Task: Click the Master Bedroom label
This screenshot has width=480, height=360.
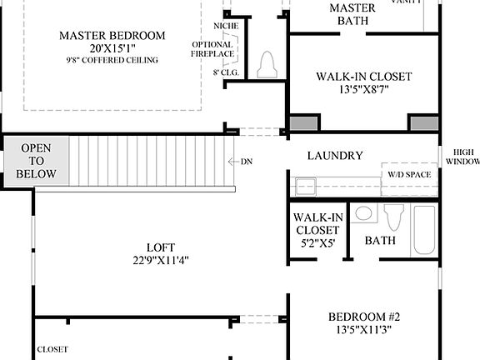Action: [x=112, y=36]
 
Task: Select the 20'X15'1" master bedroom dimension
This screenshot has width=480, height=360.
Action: [x=112, y=48]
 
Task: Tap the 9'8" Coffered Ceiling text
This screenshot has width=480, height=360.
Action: [x=112, y=61]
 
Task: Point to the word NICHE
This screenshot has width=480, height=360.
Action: [x=225, y=26]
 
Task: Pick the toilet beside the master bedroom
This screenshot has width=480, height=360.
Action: [x=267, y=66]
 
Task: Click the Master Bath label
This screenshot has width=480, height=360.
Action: [x=352, y=13]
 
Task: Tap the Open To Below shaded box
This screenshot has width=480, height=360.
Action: [x=36, y=161]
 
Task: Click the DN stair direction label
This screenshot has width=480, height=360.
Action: [x=247, y=161]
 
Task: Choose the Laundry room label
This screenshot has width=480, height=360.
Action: [x=335, y=156]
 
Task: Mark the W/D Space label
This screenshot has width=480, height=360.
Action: [x=409, y=174]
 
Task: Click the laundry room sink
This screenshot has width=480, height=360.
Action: [x=305, y=185]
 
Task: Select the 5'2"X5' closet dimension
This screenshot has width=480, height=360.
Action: [x=317, y=244]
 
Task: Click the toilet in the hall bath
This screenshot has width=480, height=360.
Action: [x=395, y=218]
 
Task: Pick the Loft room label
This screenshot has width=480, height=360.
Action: [x=161, y=247]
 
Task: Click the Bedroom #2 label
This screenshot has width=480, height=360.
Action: [x=363, y=317]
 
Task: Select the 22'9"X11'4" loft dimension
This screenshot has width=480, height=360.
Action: [x=161, y=260]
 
